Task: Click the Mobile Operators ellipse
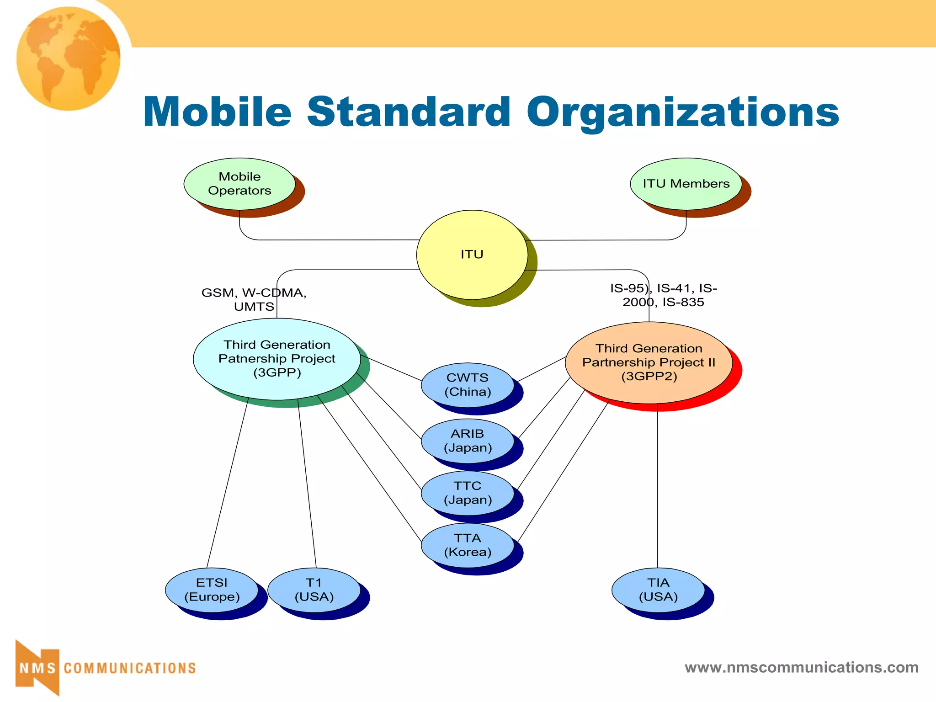pyautogui.click(x=239, y=184)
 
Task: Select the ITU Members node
pyautogui.click(x=686, y=184)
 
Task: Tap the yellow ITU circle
pyautogui.click(x=472, y=255)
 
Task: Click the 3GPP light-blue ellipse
pyautogui.click(x=277, y=359)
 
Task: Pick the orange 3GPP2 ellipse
pyautogui.click(x=649, y=362)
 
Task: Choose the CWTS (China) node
pyautogui.click(x=468, y=385)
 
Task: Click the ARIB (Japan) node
pyautogui.click(x=468, y=441)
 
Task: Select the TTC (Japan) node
pyautogui.click(x=468, y=493)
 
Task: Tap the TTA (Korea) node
pyautogui.click(x=468, y=545)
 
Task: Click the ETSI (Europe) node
pyautogui.click(x=212, y=590)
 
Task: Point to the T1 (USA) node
pyautogui.click(x=314, y=590)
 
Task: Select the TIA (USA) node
pyautogui.click(x=658, y=590)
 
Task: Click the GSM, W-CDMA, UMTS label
pyautogui.click(x=254, y=299)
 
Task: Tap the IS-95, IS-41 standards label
pyautogui.click(x=664, y=295)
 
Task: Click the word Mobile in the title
pyautogui.click(x=217, y=112)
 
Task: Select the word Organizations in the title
pyautogui.click(x=683, y=113)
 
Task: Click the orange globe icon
pyautogui.click(x=69, y=58)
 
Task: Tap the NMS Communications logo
pyautogui.click(x=105, y=668)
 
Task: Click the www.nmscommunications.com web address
pyautogui.click(x=801, y=667)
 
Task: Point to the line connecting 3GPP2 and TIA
pyautogui.click(x=658, y=484)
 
